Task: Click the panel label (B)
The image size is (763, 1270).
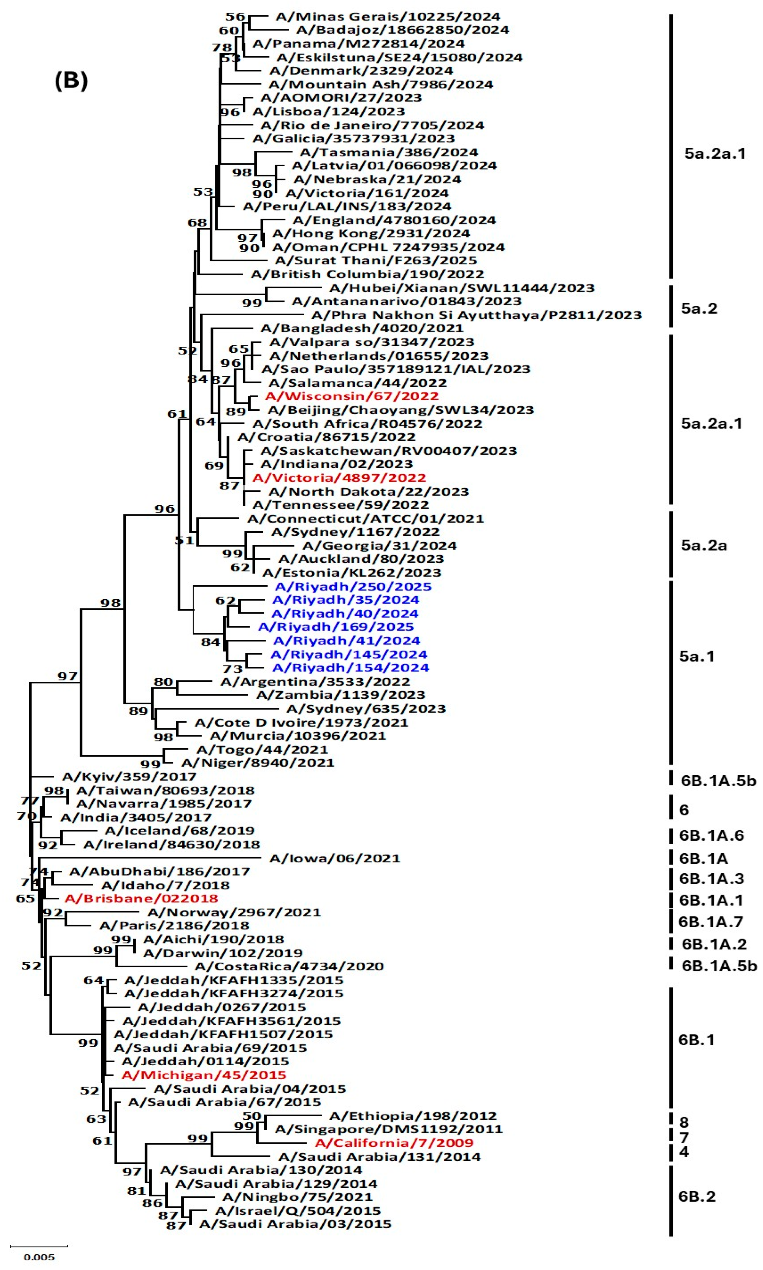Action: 71,81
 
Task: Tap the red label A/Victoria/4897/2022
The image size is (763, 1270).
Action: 339,478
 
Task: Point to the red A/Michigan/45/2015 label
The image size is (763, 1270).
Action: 204,1075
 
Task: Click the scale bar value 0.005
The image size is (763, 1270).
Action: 39,1257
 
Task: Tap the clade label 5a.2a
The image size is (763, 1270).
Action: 704,545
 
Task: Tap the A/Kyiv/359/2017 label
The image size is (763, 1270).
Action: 129,776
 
